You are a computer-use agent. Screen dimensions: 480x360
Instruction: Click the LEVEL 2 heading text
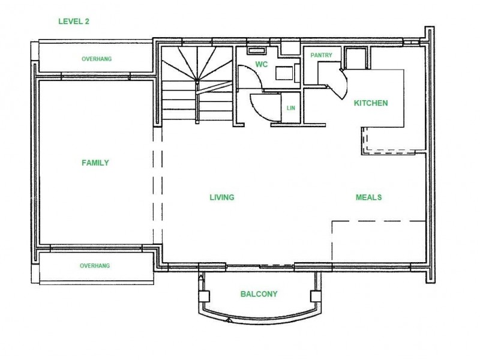tap(74, 22)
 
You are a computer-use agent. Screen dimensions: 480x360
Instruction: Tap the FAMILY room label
tap(95, 163)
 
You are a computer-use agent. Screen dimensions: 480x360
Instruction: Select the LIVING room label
tap(222, 197)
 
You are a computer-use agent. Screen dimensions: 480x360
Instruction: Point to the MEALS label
tap(368, 197)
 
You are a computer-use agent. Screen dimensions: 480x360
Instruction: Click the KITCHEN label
tap(371, 103)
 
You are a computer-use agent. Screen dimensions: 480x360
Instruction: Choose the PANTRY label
tap(321, 55)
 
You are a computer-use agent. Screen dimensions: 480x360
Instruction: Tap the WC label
tap(262, 64)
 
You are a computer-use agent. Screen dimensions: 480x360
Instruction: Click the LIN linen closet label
tap(291, 108)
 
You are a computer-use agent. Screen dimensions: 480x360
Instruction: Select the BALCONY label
tap(259, 294)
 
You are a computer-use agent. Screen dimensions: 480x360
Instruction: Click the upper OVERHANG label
tap(97, 59)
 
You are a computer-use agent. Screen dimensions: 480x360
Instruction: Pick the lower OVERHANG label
tap(95, 266)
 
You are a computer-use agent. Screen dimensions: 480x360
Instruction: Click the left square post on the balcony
tap(204, 296)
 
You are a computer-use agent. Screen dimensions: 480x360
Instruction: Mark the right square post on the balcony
tap(316, 296)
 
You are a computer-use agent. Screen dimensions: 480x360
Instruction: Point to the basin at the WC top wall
tap(257, 50)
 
